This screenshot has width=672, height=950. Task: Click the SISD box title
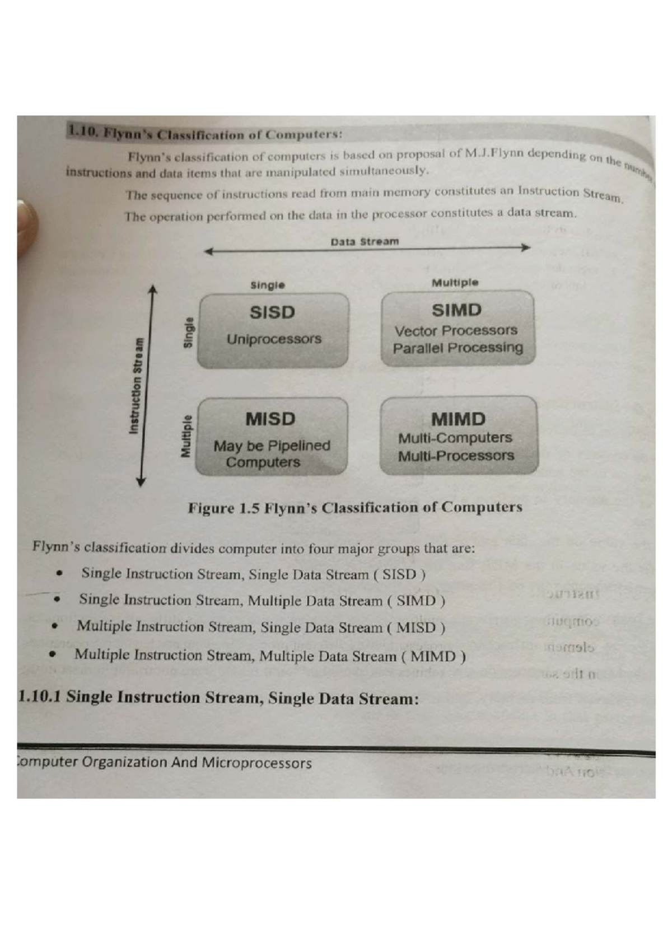click(x=272, y=312)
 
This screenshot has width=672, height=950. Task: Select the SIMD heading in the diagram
click(x=456, y=310)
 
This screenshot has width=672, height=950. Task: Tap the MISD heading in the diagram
click(x=270, y=419)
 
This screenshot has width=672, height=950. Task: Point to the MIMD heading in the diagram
click(x=458, y=419)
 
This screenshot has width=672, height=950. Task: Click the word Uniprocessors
click(x=274, y=339)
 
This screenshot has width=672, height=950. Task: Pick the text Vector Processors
click(x=456, y=330)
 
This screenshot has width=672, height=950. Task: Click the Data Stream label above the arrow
click(x=365, y=242)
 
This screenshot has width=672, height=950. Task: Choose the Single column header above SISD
click(x=268, y=285)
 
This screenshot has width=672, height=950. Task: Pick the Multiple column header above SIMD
click(x=455, y=283)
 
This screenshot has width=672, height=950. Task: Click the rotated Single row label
click(x=189, y=332)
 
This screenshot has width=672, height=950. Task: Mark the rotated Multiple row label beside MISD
click(x=186, y=437)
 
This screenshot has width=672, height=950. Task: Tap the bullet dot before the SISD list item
click(x=58, y=573)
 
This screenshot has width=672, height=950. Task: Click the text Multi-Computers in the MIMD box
click(x=455, y=438)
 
